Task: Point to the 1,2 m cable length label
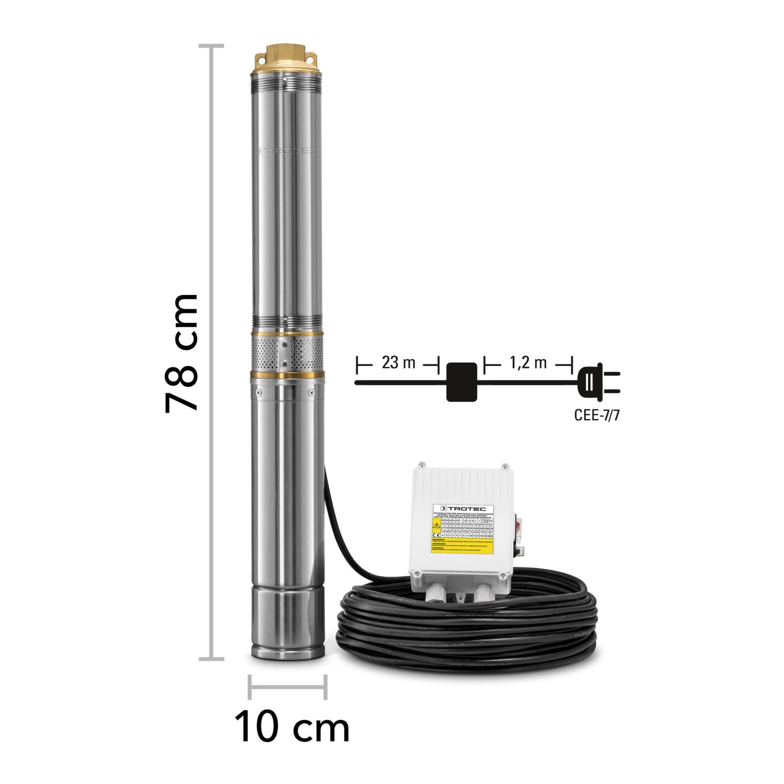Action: [x=528, y=363]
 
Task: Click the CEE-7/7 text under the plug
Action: [x=599, y=415]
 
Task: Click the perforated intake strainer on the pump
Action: [x=286, y=352]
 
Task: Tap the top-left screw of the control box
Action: [x=422, y=465]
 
